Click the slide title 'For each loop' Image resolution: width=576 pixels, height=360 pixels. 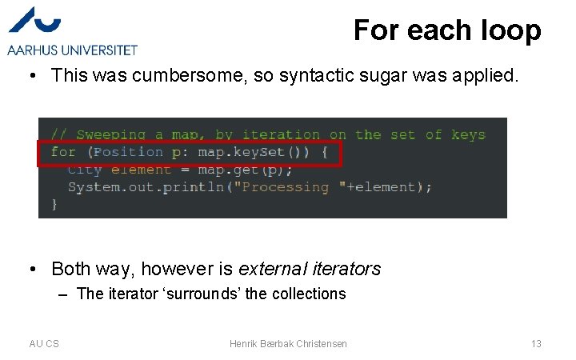pyautogui.click(x=447, y=30)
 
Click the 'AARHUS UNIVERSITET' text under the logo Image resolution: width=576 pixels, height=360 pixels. pyautogui.click(x=73, y=50)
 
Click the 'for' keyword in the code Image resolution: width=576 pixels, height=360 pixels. pyautogui.click(x=63, y=152)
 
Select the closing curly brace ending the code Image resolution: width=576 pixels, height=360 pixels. pyautogui.click(x=54, y=205)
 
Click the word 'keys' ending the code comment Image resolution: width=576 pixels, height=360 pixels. pyautogui.click(x=468, y=134)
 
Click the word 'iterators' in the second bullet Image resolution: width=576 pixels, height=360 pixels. pyautogui.click(x=345, y=269)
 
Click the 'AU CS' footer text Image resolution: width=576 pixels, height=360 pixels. pyautogui.click(x=44, y=344)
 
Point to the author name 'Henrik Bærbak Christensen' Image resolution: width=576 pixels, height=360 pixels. pyautogui.click(x=288, y=344)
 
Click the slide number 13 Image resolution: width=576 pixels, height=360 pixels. pyautogui.click(x=536, y=344)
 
